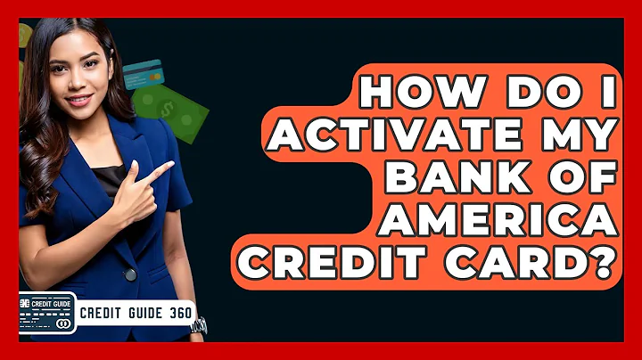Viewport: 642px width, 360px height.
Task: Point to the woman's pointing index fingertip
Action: point(172,164)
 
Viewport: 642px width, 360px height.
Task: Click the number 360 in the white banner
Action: point(178,314)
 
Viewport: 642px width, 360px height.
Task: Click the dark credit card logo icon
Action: point(46,313)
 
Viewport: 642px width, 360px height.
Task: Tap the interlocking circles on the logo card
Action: point(62,323)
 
